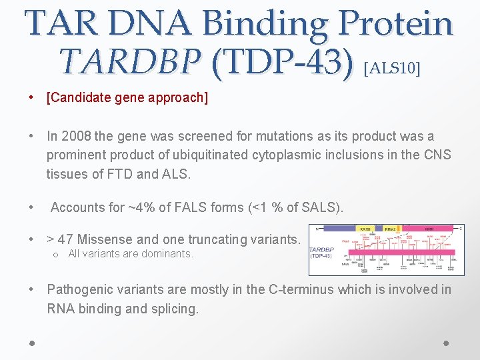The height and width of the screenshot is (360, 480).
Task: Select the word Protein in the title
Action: pos(395,23)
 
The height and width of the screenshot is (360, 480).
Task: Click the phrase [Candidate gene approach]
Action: pos(127,98)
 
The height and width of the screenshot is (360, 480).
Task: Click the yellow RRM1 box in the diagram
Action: pos(365,229)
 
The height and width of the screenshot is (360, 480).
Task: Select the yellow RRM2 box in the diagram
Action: pos(389,229)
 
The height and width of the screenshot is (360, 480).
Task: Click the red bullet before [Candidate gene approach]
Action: pos(31,98)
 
